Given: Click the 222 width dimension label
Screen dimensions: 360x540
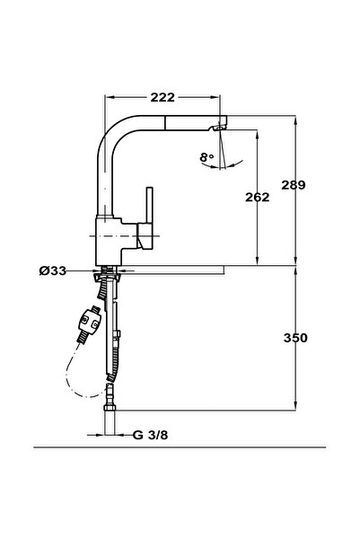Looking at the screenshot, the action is (162, 97).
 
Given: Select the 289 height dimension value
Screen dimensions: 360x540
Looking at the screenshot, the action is (294, 185).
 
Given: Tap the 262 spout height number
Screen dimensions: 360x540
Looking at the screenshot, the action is (258, 198).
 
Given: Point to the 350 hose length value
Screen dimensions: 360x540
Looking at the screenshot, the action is (295, 338).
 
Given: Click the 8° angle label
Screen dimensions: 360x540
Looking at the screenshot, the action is (206, 157).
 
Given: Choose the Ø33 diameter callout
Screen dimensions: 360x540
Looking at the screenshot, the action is (53, 271).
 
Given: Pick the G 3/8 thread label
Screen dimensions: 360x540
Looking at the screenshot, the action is (151, 435).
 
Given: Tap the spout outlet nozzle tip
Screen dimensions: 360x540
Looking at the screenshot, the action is (219, 128).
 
